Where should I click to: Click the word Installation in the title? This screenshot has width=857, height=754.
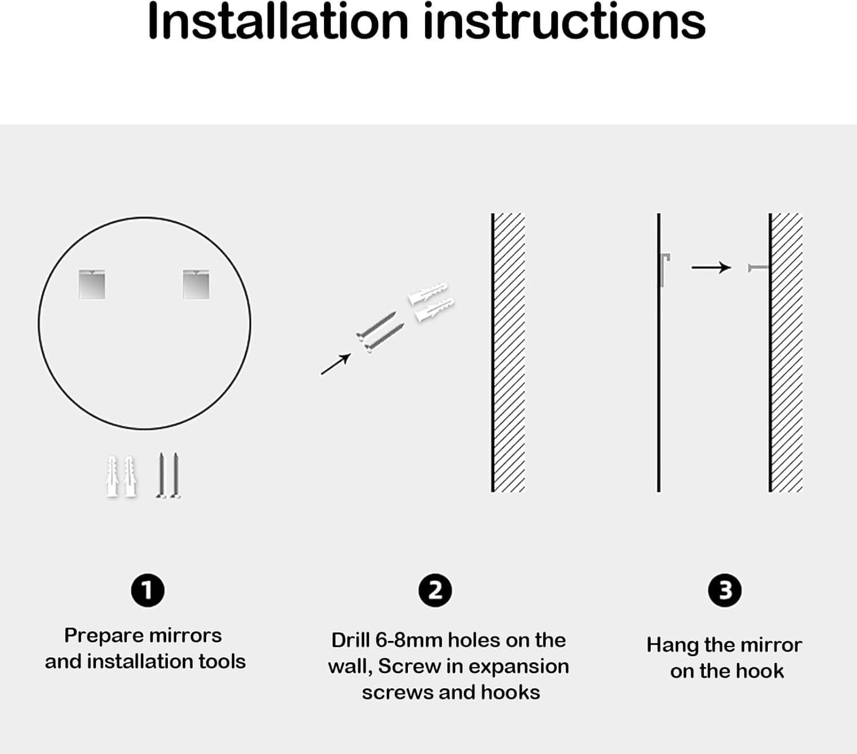pos(278,21)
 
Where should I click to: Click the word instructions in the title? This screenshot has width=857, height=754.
pos(564,21)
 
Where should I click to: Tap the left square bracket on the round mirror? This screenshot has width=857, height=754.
pos(92,284)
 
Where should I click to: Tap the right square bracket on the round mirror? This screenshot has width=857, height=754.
pos(196,284)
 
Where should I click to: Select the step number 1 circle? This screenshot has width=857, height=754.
pos(147,590)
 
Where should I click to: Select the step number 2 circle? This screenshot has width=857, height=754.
pos(435,590)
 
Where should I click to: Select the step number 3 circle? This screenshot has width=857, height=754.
pos(724,590)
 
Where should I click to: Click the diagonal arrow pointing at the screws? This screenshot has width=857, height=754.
pos(335,364)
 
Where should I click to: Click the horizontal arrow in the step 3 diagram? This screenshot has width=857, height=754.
pos(711,268)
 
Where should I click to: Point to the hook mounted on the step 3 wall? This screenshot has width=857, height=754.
pos(758,268)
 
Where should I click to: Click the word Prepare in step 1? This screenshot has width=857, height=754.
pos(104,636)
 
